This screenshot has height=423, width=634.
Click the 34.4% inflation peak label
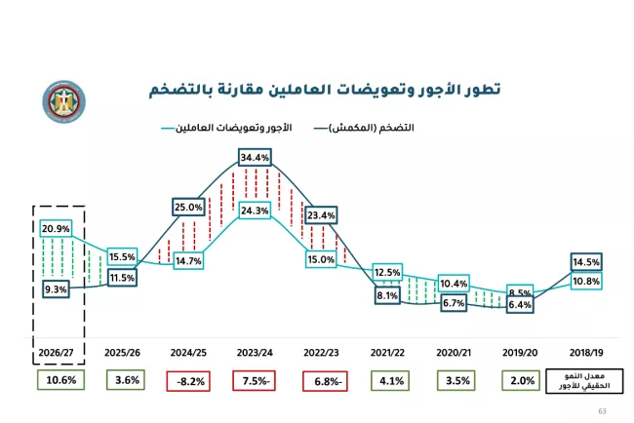255,157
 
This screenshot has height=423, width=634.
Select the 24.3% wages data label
255,210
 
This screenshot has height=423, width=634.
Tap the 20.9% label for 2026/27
56,228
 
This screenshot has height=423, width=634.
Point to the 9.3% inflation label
56,289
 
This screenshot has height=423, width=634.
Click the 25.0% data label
188,207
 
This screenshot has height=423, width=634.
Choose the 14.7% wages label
188,260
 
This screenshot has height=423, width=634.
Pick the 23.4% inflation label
321,214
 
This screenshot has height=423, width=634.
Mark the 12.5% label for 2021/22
387,272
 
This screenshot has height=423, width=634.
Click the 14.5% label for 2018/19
586,261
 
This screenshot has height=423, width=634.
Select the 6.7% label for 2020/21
454,303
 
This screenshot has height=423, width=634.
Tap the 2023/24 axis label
255,351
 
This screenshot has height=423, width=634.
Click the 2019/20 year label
520,351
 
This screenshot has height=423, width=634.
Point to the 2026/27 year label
56,351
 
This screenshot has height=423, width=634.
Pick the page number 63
601,413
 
